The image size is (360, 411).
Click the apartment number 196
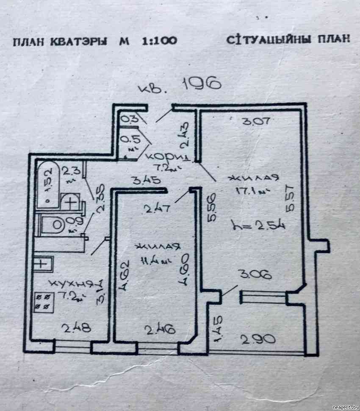pos(202,84)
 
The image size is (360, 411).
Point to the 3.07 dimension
pos(255,122)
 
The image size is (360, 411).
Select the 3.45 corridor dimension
pos(146,180)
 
